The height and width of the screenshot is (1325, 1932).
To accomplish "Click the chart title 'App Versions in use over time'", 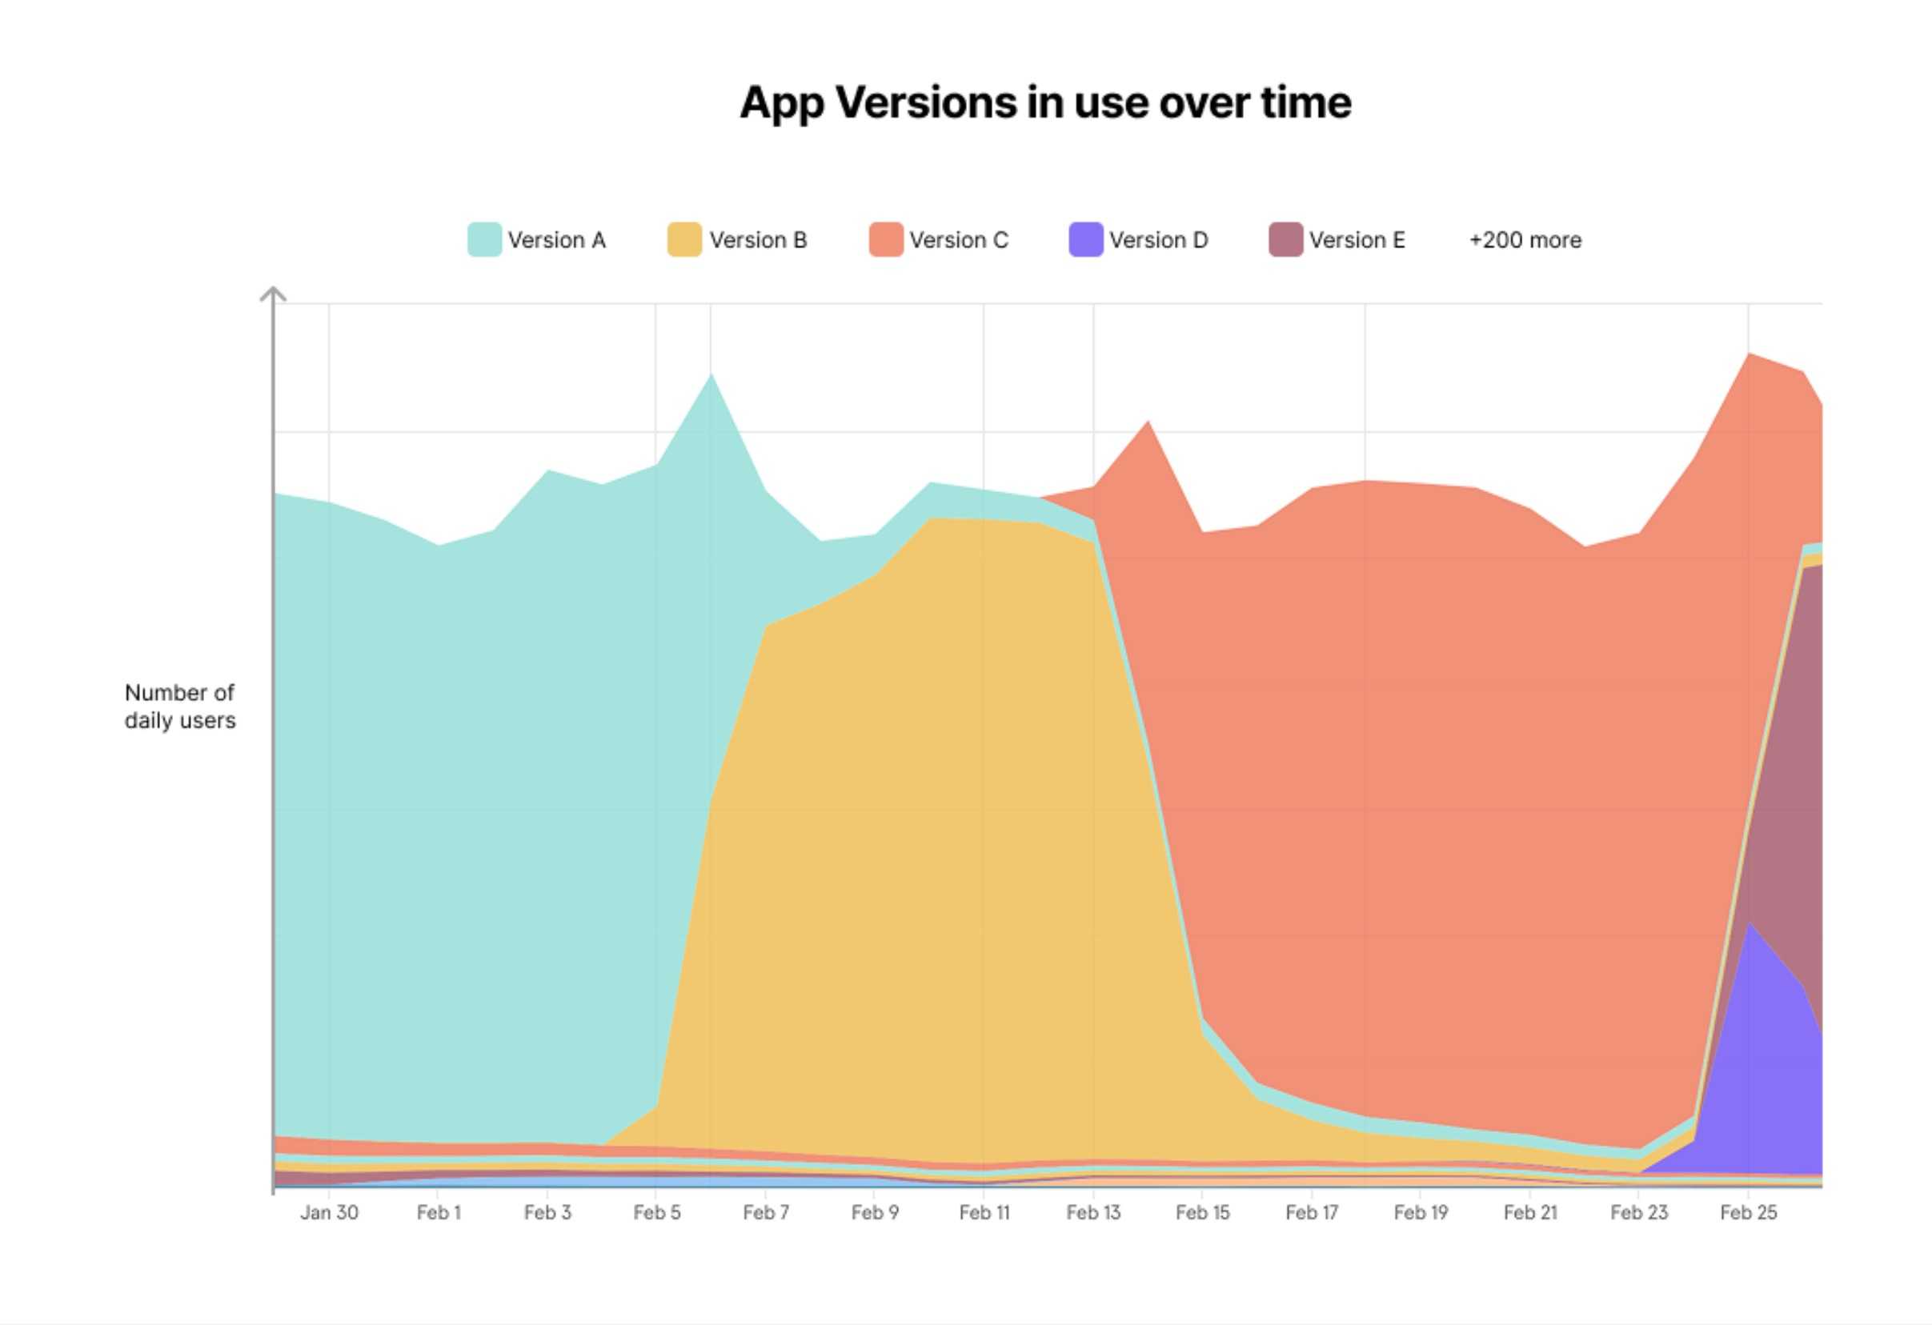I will pyautogui.click(x=1045, y=103).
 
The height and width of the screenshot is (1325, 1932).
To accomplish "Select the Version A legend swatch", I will pyautogui.click(x=484, y=239).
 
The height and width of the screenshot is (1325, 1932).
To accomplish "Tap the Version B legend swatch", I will pyautogui.click(x=684, y=239).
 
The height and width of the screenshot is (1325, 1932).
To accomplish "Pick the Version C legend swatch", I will pyautogui.click(x=885, y=239).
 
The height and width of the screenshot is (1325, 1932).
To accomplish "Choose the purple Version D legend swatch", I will pyautogui.click(x=1085, y=239).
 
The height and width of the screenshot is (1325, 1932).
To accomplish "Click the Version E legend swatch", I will pyautogui.click(x=1285, y=239).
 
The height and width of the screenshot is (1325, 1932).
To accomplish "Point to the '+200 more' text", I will pyautogui.click(x=1525, y=240).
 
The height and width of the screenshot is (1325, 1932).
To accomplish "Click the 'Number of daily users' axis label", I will pyautogui.click(x=179, y=707).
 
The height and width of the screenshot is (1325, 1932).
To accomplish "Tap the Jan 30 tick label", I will pyautogui.click(x=329, y=1213).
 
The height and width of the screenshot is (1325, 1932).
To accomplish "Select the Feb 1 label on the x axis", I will pyautogui.click(x=438, y=1213).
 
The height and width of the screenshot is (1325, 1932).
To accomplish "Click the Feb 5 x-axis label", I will pyautogui.click(x=657, y=1213).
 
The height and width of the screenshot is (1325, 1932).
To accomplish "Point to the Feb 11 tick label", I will pyautogui.click(x=984, y=1213).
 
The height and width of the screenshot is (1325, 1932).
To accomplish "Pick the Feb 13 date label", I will pyautogui.click(x=1093, y=1213).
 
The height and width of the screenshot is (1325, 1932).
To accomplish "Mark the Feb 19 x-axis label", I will pyautogui.click(x=1421, y=1213).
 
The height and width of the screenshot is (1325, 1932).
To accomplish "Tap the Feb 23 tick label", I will pyautogui.click(x=1638, y=1213).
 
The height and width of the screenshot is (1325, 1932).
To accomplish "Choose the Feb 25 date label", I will pyautogui.click(x=1748, y=1213).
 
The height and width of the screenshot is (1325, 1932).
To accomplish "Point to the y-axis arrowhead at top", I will pyautogui.click(x=273, y=294).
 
